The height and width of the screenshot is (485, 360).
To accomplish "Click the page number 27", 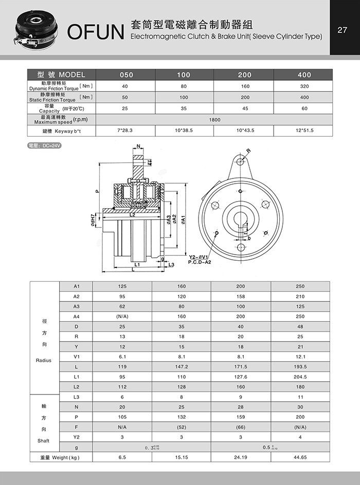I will coord(343,29).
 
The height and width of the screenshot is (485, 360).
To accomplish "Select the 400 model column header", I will coord(304,75).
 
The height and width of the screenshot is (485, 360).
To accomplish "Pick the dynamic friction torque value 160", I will coord(245,86).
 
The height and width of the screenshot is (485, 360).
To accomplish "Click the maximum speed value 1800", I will coord(214,119).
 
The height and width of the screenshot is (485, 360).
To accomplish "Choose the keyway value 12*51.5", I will coord(304,131).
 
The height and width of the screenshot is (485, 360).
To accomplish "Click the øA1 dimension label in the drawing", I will coord(184,219).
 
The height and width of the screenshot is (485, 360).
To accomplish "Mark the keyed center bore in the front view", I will coord(241,220).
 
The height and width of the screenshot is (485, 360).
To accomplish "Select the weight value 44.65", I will coord(300,457).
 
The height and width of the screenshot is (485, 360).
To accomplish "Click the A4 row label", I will coord(77,316).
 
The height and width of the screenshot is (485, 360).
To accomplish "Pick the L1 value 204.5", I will coord(300,376).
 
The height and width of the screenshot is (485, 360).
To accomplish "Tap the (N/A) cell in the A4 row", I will coord(122,316).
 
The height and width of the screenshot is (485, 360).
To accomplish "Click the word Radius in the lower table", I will coord(44,361).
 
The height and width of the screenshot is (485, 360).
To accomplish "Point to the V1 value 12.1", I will coord(300,356).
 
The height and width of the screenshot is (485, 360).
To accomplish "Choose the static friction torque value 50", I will coord(125,97).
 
